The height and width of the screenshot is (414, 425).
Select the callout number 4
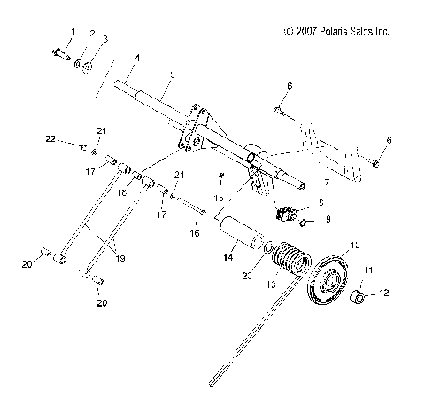(138, 59)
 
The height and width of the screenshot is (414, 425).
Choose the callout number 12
(385, 291)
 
